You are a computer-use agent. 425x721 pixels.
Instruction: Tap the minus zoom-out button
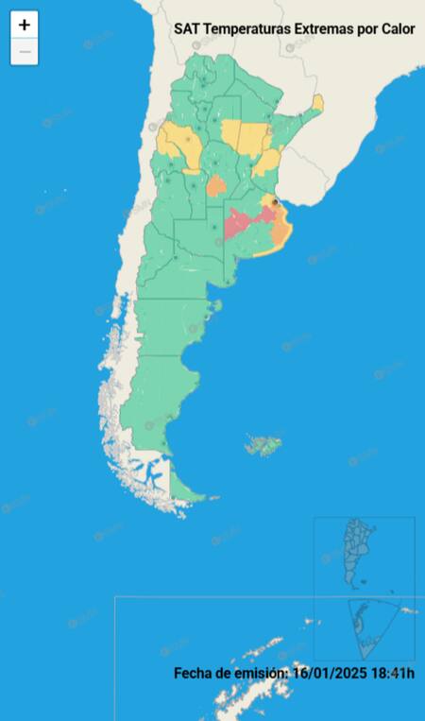[25, 52]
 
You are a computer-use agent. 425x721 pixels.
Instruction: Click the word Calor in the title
[398, 29]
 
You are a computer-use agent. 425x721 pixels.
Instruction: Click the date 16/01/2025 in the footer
[327, 673]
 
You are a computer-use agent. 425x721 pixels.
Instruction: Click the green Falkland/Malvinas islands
[265, 444]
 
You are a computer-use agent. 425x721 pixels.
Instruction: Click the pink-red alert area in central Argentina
[242, 225]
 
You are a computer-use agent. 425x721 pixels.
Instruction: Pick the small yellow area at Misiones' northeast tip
[318, 101]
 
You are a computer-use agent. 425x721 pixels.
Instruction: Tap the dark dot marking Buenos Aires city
[275, 201]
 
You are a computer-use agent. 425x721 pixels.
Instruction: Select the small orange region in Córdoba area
[216, 184]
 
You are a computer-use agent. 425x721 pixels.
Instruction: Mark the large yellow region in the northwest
[178, 144]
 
